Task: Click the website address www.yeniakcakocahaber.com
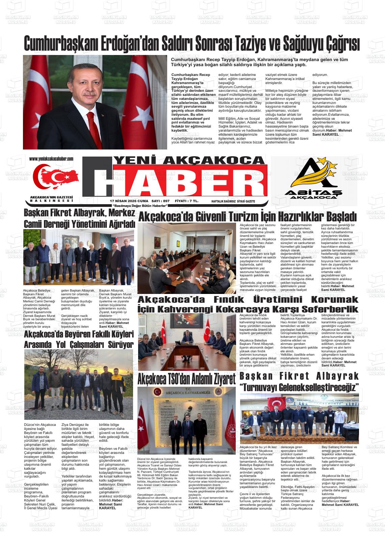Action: (51, 159)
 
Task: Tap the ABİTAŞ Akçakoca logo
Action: (314, 181)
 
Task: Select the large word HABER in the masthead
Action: (179, 184)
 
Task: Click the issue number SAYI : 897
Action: (161, 201)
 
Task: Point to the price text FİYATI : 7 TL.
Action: (186, 201)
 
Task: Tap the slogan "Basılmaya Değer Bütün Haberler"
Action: (141, 206)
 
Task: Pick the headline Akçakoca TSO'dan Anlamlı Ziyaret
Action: (186, 379)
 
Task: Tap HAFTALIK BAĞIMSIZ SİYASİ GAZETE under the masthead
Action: (233, 201)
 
